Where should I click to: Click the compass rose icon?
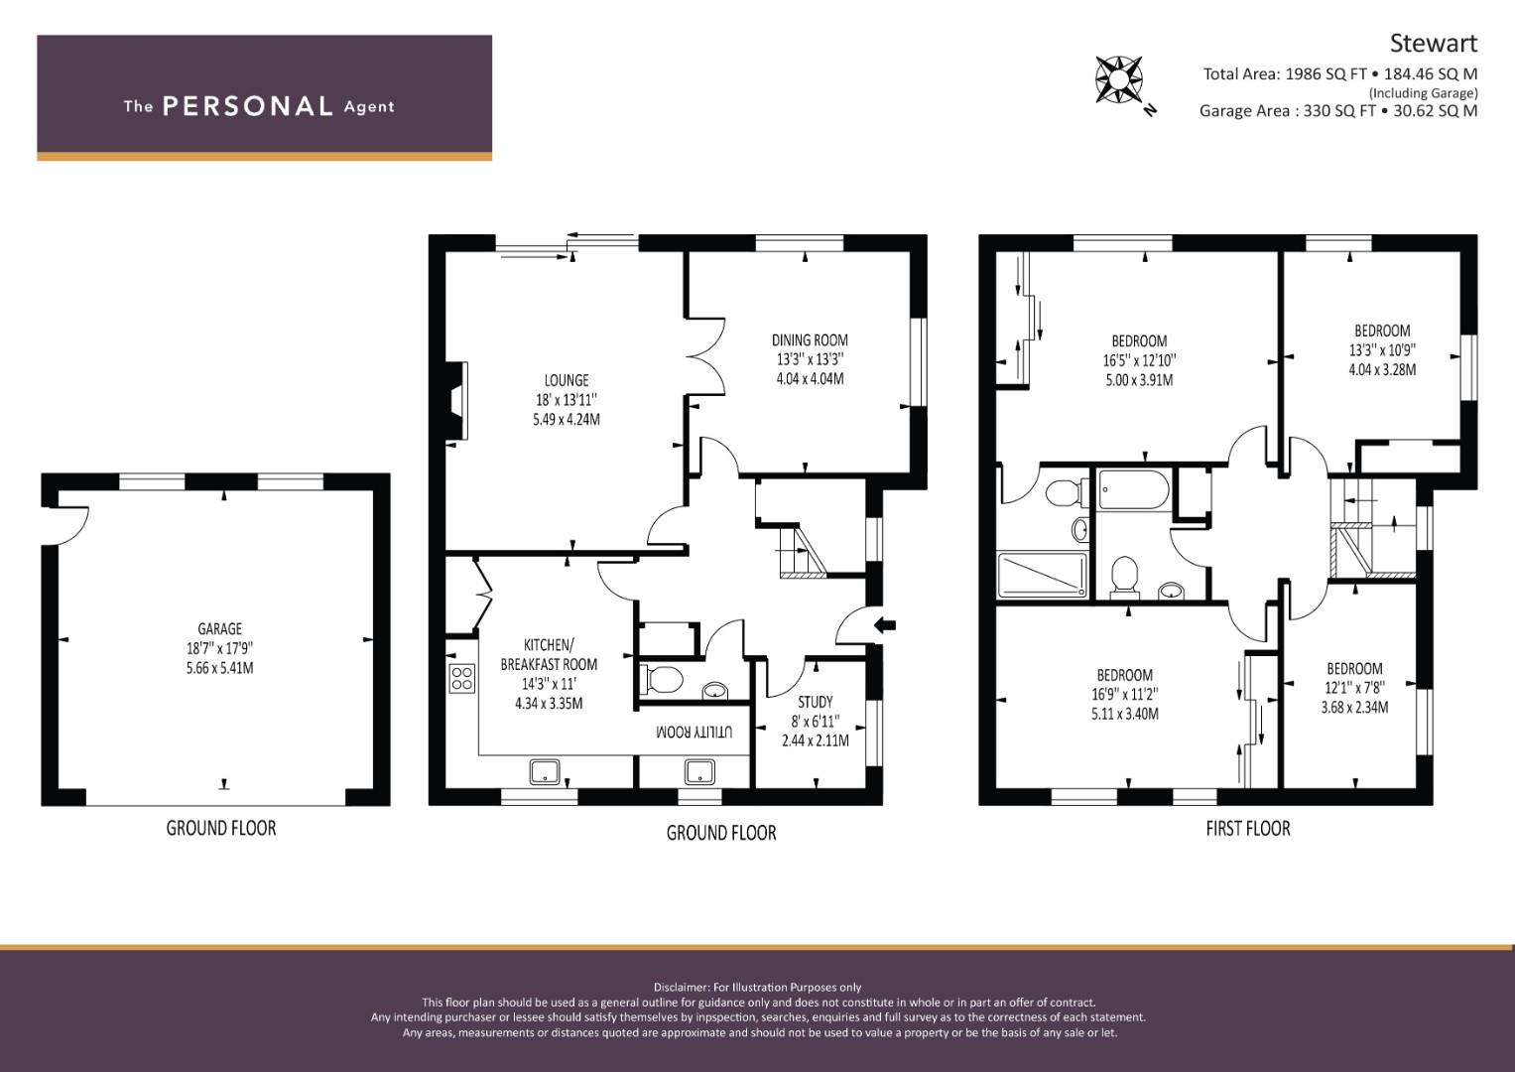tap(1119, 79)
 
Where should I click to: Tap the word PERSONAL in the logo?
tap(248, 106)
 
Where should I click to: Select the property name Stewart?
tap(1434, 44)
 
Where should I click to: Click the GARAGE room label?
tap(220, 628)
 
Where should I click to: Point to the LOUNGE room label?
tap(567, 380)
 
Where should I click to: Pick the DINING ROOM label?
tap(810, 340)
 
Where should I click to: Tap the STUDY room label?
tap(815, 702)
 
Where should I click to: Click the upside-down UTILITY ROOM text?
tap(694, 732)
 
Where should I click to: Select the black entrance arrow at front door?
tap(885, 625)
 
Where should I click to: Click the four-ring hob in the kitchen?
tap(462, 678)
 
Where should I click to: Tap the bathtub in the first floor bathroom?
tap(1133, 490)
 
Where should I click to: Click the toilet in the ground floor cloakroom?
tap(662, 680)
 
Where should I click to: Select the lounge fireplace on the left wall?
tap(456, 402)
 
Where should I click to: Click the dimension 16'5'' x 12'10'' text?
tap(1139, 360)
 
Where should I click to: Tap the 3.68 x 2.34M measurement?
tap(1354, 707)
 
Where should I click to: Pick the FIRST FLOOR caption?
tap(1248, 829)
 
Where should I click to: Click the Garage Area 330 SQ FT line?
tap(1338, 111)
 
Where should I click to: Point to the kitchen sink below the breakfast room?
tap(545, 771)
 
